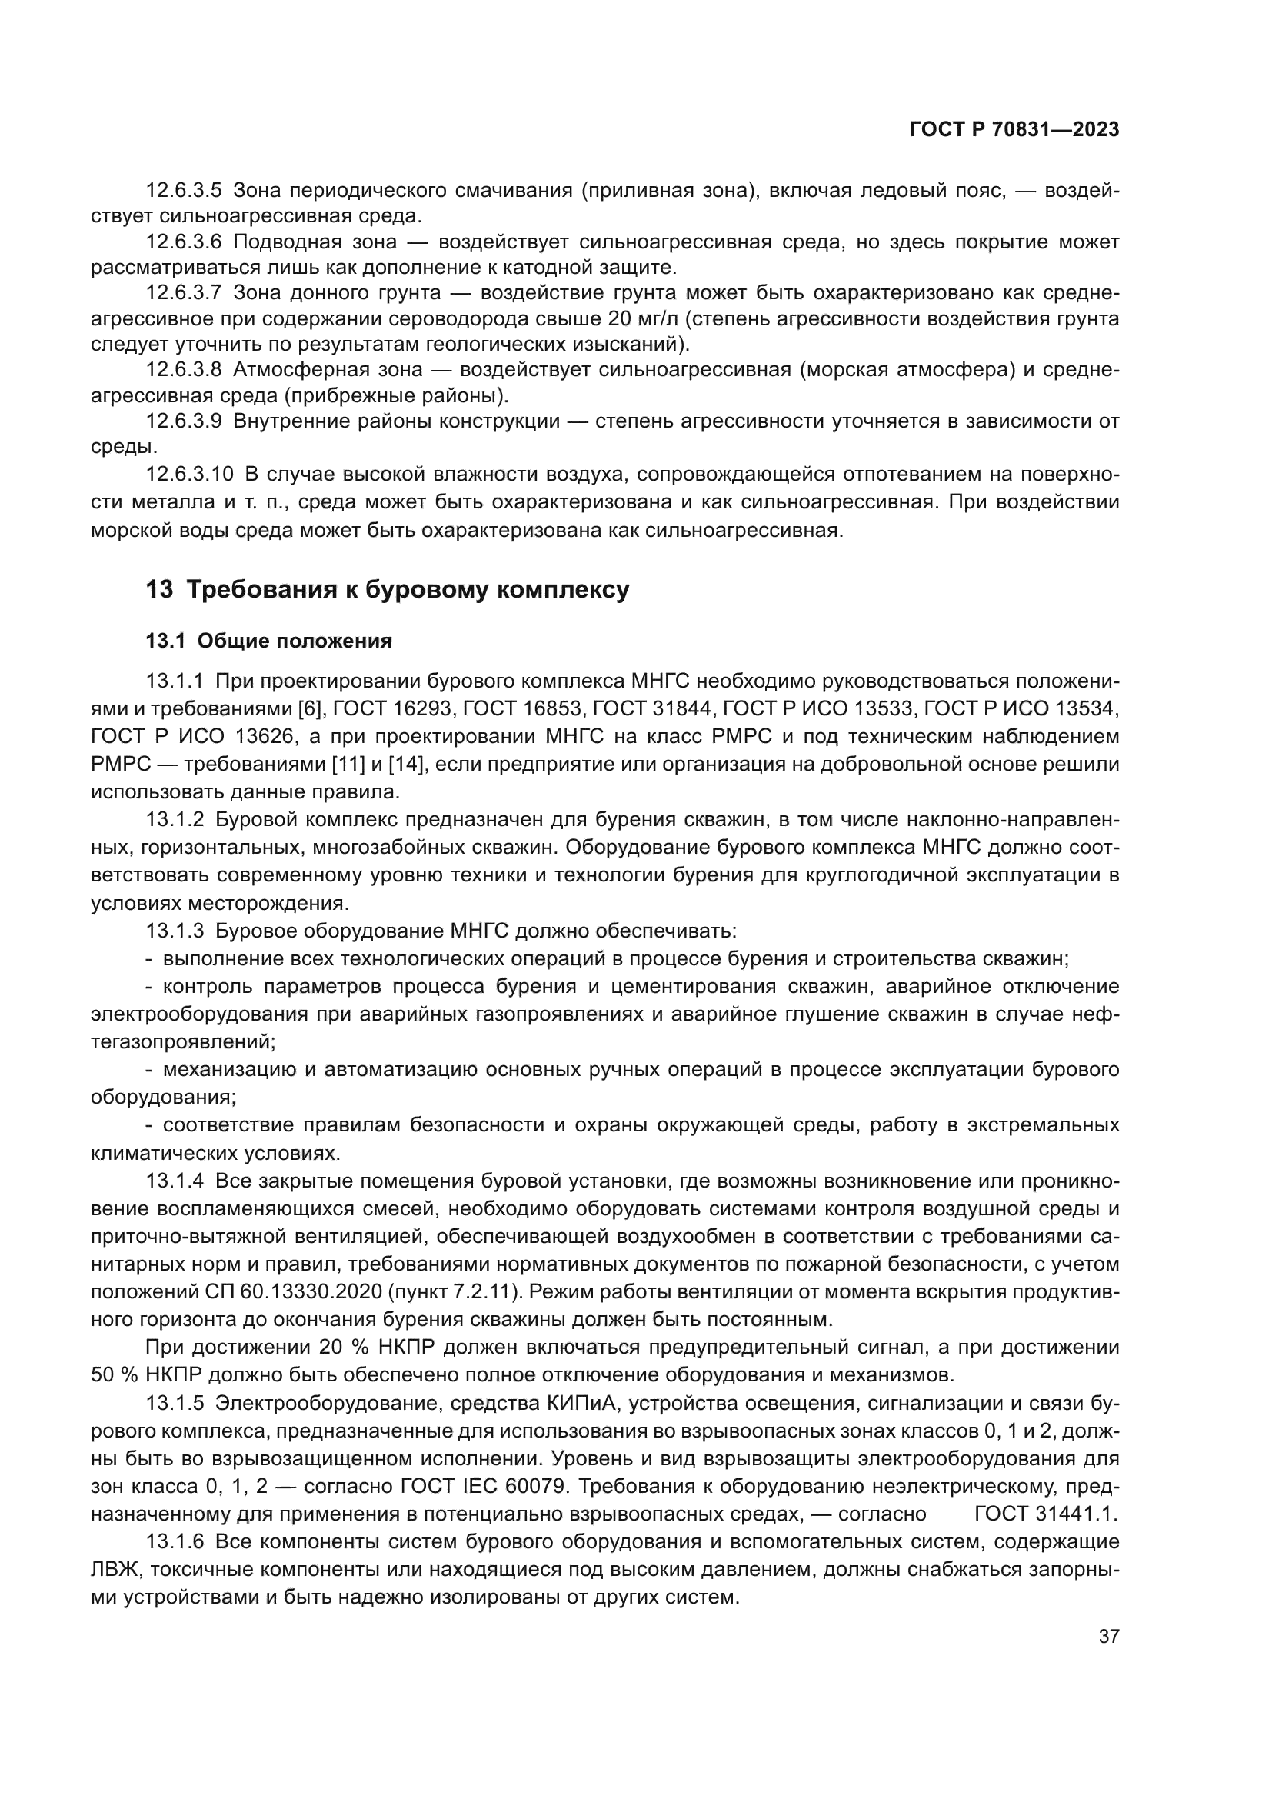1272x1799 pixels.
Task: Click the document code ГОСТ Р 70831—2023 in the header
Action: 1014,130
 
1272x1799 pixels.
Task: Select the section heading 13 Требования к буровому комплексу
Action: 388,589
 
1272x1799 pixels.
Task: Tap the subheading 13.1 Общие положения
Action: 268,641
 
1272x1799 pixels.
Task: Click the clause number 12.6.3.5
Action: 184,191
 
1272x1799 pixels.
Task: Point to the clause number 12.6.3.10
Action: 189,474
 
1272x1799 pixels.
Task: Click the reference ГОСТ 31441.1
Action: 1046,1514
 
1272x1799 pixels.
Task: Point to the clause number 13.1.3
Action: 175,931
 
